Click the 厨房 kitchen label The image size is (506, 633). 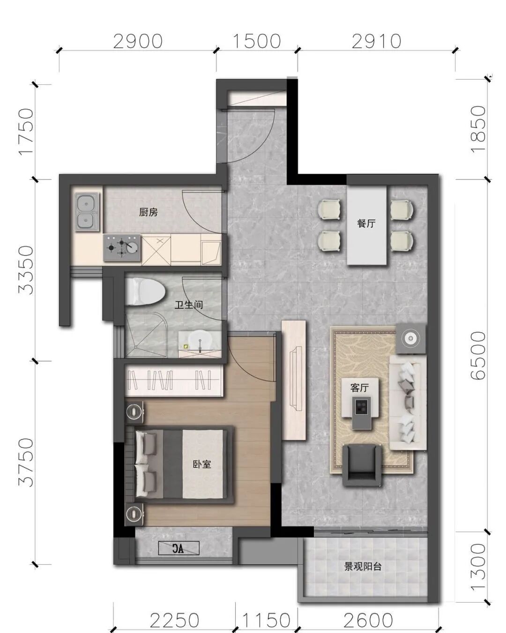tap(148, 212)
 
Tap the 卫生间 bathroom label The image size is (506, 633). tap(188, 305)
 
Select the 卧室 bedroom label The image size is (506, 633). tap(202, 464)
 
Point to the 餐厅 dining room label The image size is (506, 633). tap(366, 223)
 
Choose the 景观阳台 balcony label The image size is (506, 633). tap(363, 566)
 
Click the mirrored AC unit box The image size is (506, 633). tap(179, 548)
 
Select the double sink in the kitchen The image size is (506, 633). tap(87, 212)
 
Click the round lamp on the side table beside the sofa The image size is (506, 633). tap(410, 338)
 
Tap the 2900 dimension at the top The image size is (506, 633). tap(138, 41)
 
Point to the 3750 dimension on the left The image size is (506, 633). tap(26, 462)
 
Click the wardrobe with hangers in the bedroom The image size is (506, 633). tap(173, 380)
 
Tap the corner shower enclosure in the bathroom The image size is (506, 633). tap(146, 335)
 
